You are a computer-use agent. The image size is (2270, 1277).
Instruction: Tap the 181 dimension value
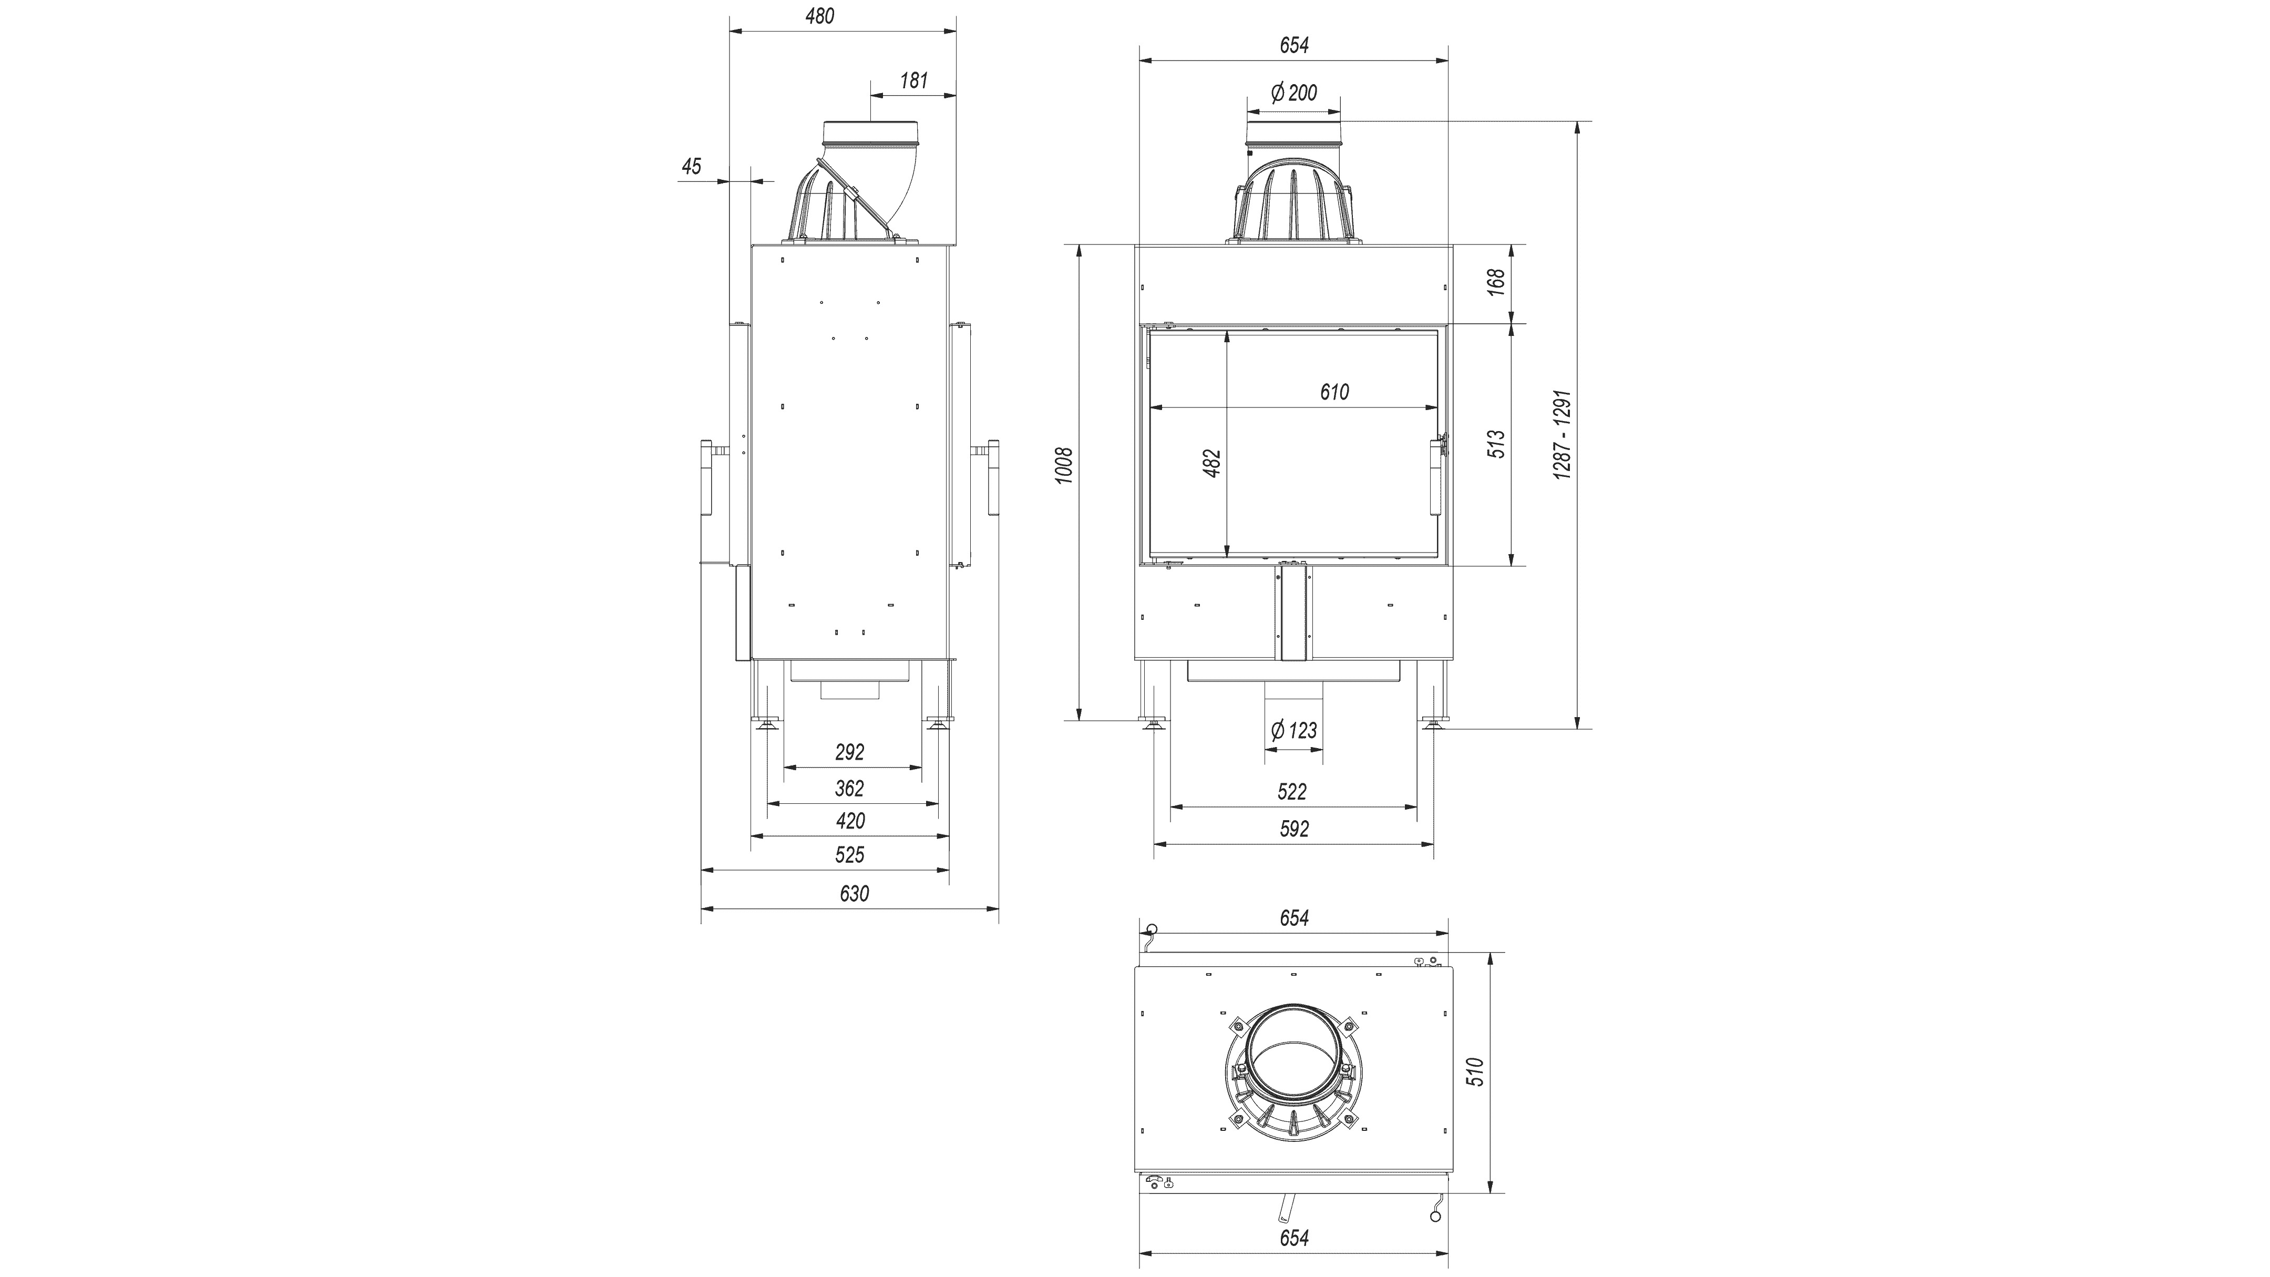[914, 81]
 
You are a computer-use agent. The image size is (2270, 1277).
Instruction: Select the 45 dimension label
[692, 167]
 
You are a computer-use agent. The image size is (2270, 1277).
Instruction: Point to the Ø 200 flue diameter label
[1293, 93]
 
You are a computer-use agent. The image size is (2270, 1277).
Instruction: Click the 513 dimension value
[1496, 443]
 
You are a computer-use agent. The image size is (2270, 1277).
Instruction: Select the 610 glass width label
[1334, 392]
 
